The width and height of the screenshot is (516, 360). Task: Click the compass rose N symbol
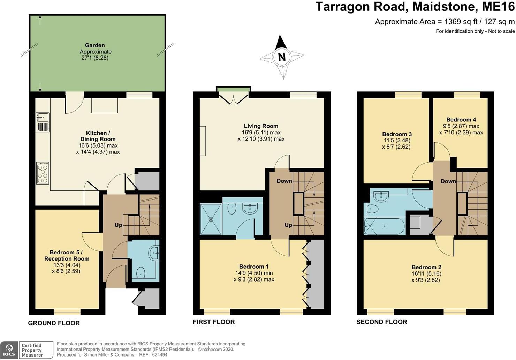click(x=282, y=57)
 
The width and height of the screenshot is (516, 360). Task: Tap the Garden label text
click(x=95, y=45)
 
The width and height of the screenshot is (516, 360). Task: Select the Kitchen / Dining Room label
click(x=98, y=136)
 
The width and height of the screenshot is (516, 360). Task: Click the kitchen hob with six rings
click(x=43, y=173)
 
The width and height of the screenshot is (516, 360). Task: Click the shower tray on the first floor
click(x=211, y=219)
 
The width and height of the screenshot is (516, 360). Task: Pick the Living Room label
click(x=261, y=126)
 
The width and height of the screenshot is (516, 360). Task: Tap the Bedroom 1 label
click(x=254, y=267)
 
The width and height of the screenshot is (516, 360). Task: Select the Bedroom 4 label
click(x=461, y=120)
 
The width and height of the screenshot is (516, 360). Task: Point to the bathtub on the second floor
click(x=384, y=226)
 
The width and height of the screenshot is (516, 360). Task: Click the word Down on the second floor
click(x=448, y=181)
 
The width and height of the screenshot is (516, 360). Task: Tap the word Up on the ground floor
click(x=119, y=225)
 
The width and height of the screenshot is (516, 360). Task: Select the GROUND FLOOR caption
click(x=54, y=323)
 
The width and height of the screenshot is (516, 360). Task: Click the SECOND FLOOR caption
click(x=381, y=322)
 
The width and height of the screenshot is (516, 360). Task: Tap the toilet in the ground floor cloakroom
click(x=141, y=272)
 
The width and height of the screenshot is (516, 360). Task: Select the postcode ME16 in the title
click(x=500, y=7)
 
